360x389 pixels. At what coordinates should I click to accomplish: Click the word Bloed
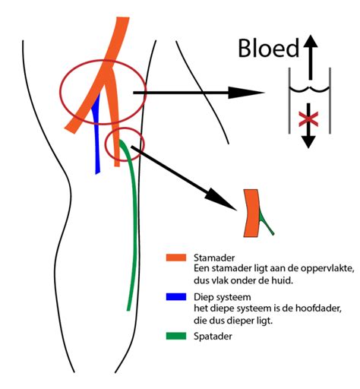click(x=268, y=48)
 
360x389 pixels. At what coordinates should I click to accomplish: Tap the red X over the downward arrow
click(x=308, y=119)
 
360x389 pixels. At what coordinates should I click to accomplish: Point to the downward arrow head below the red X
click(x=308, y=142)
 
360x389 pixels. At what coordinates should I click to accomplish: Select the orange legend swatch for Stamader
click(x=176, y=258)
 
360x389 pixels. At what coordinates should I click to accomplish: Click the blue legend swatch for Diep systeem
click(x=176, y=297)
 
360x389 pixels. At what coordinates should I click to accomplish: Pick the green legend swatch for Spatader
click(x=176, y=336)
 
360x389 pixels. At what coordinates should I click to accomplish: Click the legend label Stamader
click(x=214, y=258)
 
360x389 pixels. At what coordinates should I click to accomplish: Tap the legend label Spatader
click(x=213, y=337)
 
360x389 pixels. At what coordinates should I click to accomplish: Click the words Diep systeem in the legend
click(x=223, y=297)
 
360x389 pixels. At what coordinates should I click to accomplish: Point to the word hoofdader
click(x=318, y=308)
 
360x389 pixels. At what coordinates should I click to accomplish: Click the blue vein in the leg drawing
click(x=96, y=134)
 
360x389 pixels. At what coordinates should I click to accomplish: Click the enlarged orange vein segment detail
click(x=251, y=213)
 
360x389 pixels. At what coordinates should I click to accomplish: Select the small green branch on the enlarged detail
click(x=266, y=223)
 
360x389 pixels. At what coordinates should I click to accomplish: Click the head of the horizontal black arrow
click(x=245, y=93)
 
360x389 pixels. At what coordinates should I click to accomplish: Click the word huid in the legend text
click(x=283, y=280)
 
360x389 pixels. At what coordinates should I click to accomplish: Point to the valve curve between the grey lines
click(x=310, y=89)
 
